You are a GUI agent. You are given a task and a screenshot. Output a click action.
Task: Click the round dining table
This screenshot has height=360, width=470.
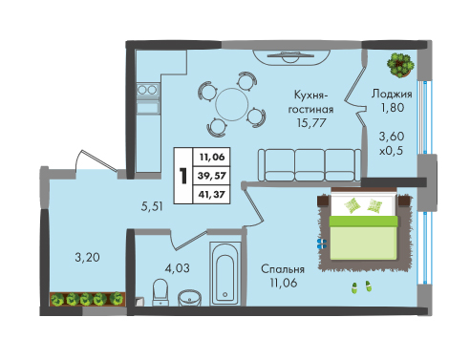(x=231, y=104)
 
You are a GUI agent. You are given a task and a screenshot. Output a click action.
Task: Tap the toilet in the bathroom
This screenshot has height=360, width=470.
(x=160, y=292)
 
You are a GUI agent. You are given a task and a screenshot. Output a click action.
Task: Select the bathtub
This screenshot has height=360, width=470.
(x=225, y=273)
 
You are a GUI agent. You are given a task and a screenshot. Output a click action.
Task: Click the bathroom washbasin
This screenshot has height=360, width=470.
(x=189, y=298)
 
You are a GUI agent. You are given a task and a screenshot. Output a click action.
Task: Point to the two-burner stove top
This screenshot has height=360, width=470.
(x=147, y=90)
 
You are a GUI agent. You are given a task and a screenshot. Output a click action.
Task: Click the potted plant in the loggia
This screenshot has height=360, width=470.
(x=400, y=65)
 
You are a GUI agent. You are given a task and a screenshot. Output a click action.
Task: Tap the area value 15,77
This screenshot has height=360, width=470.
(x=310, y=122)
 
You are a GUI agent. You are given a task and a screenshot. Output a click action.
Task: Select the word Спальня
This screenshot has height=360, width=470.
(x=283, y=269)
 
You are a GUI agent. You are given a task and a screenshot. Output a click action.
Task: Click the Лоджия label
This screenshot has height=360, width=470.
(x=392, y=95)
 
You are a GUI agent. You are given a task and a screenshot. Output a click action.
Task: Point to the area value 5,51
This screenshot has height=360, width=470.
(x=152, y=206)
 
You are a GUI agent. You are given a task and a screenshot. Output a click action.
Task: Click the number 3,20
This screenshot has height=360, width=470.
(x=87, y=257)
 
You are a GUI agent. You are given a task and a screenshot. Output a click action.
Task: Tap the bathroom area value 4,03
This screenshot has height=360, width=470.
(x=177, y=268)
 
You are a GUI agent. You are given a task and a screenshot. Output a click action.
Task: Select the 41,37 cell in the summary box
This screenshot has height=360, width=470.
(x=212, y=194)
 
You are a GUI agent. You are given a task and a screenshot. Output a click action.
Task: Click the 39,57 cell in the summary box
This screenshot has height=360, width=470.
(x=212, y=176)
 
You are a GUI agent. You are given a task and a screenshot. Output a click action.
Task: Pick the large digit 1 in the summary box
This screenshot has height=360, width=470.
(x=183, y=176)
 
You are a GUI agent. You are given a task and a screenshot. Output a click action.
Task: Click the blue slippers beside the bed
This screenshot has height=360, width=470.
(x=322, y=244)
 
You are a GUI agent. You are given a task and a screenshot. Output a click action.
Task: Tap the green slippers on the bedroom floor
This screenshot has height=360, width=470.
(x=361, y=286)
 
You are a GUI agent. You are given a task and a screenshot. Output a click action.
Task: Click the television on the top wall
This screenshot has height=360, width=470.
(x=290, y=55)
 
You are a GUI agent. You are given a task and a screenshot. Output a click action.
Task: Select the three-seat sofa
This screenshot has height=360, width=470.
(x=310, y=165)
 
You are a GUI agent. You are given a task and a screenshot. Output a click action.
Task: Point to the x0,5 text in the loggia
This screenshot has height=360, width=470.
(x=391, y=150)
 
